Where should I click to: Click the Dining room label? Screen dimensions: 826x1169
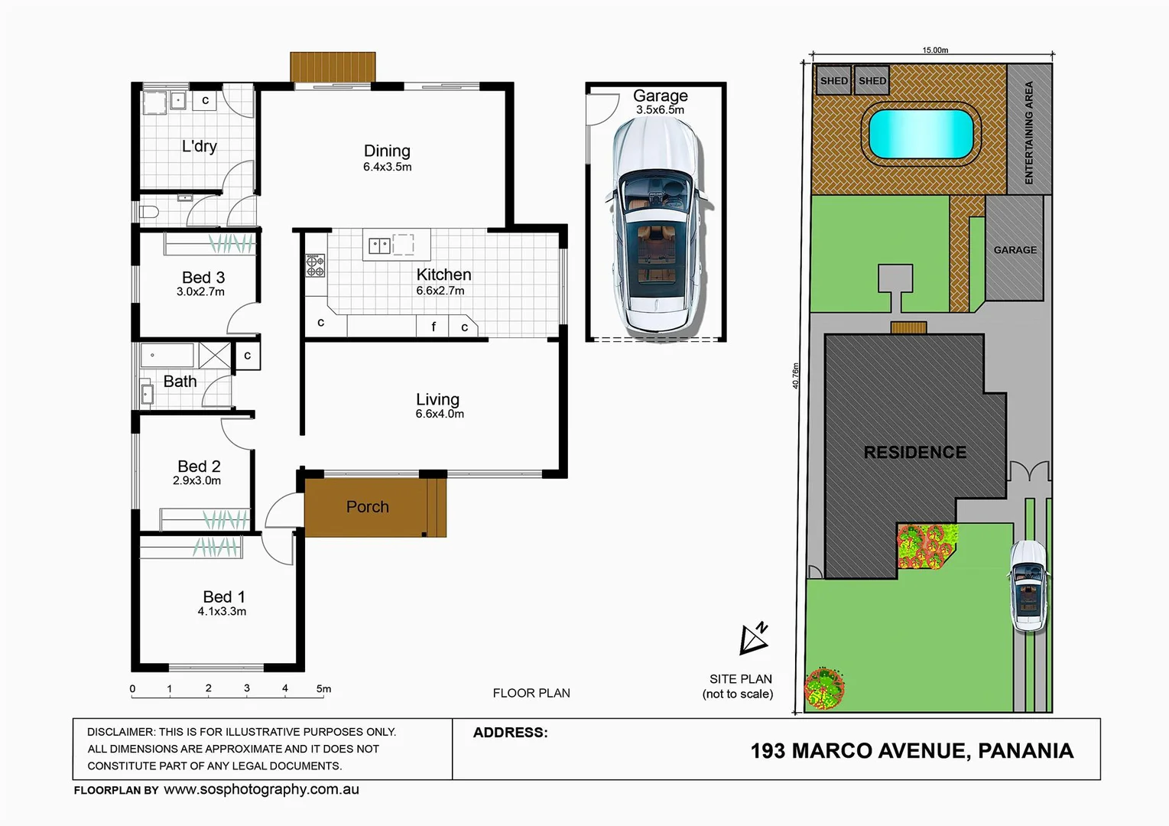387,151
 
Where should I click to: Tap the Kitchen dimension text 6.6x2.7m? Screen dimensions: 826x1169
440,291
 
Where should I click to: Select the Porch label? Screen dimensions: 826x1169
367,506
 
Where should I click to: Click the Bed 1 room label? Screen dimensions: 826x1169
223,597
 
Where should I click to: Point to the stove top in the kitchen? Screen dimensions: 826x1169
315,265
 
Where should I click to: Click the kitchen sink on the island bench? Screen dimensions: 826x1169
380,246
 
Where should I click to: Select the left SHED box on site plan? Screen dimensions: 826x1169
833,80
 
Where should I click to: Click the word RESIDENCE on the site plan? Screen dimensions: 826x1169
914,452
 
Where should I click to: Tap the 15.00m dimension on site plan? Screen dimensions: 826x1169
934,50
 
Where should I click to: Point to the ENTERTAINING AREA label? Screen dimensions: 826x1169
1028,132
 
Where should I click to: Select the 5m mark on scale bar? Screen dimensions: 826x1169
323,688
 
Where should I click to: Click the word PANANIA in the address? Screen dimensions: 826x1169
1024,750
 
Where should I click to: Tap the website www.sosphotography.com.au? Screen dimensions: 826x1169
261,789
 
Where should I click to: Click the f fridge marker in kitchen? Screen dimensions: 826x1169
434,327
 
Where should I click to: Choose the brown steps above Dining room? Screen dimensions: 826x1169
333,67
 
